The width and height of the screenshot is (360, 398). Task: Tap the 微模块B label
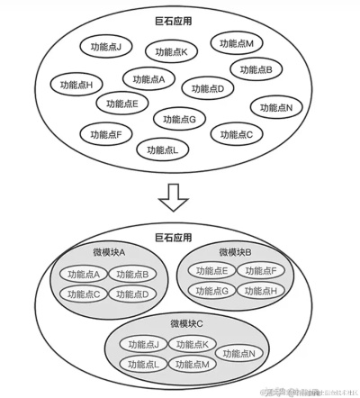pos(235,251)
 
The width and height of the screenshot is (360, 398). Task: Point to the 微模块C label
pos(187,323)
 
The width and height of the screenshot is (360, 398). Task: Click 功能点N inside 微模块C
pos(239,354)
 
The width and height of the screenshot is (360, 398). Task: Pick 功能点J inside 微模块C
pos(144,345)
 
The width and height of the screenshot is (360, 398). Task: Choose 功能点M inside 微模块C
pos(193,364)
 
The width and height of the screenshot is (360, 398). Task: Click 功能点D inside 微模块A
pos(132,294)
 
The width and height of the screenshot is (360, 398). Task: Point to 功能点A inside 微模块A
pos(85,275)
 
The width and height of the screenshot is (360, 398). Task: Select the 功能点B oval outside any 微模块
pos(256,69)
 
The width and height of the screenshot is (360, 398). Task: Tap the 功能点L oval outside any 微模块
pos(162,150)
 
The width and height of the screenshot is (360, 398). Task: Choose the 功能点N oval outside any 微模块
pos(276,107)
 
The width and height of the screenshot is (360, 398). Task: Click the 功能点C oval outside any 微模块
pos(237,135)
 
